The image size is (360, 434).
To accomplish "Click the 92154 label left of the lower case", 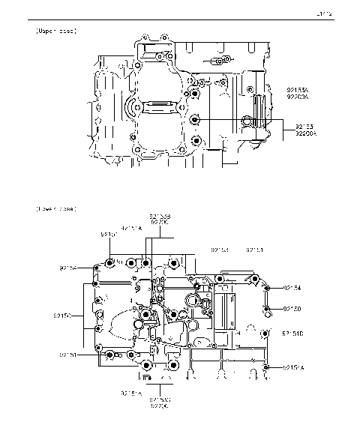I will [x=68, y=267].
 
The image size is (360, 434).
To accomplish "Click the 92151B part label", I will [x=292, y=333].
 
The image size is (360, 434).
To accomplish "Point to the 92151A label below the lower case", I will [x=131, y=392].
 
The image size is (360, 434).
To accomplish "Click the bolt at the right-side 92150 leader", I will [x=266, y=308].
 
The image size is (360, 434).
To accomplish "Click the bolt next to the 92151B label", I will [x=264, y=334].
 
